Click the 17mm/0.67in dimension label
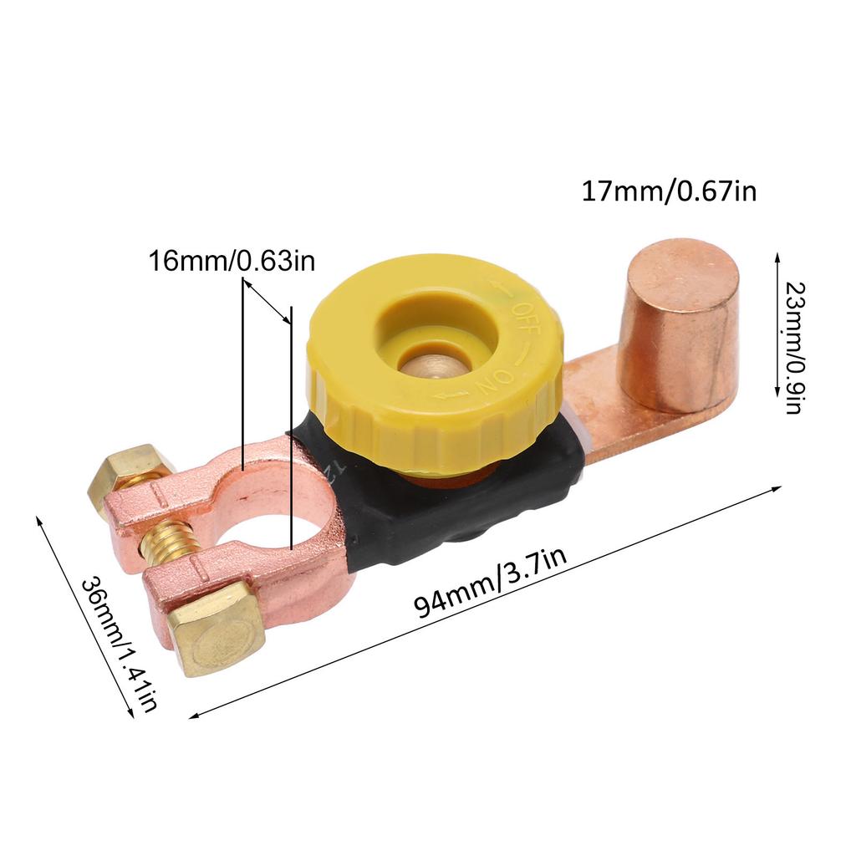tap(669, 191)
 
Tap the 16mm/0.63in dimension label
tap(232, 261)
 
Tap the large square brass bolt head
tap(215, 629)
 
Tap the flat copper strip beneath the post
tap(602, 418)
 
